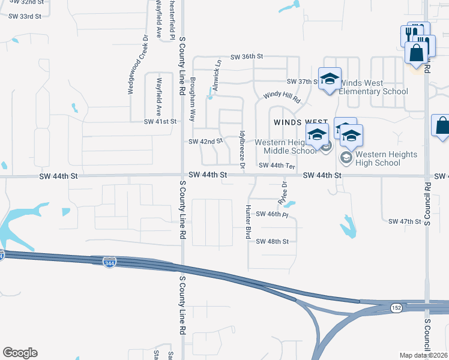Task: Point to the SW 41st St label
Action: [160, 121]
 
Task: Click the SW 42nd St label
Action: [205, 142]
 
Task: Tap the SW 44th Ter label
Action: [277, 165]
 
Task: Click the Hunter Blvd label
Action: [247, 221]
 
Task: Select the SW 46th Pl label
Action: [273, 214]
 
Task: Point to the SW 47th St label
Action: [405, 221]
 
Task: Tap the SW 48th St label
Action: [273, 241]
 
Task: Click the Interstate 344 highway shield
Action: [109, 263]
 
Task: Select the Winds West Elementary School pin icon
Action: [330, 80]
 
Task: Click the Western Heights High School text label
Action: [386, 158]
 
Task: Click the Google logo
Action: [20, 353]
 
